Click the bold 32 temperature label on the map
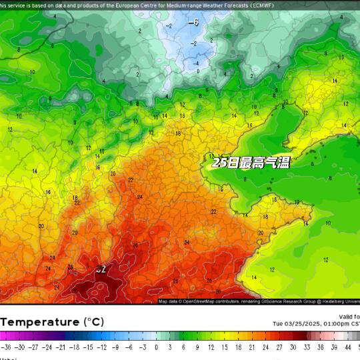101,270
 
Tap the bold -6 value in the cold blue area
193,23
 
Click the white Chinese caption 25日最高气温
251,162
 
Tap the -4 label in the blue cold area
197,63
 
